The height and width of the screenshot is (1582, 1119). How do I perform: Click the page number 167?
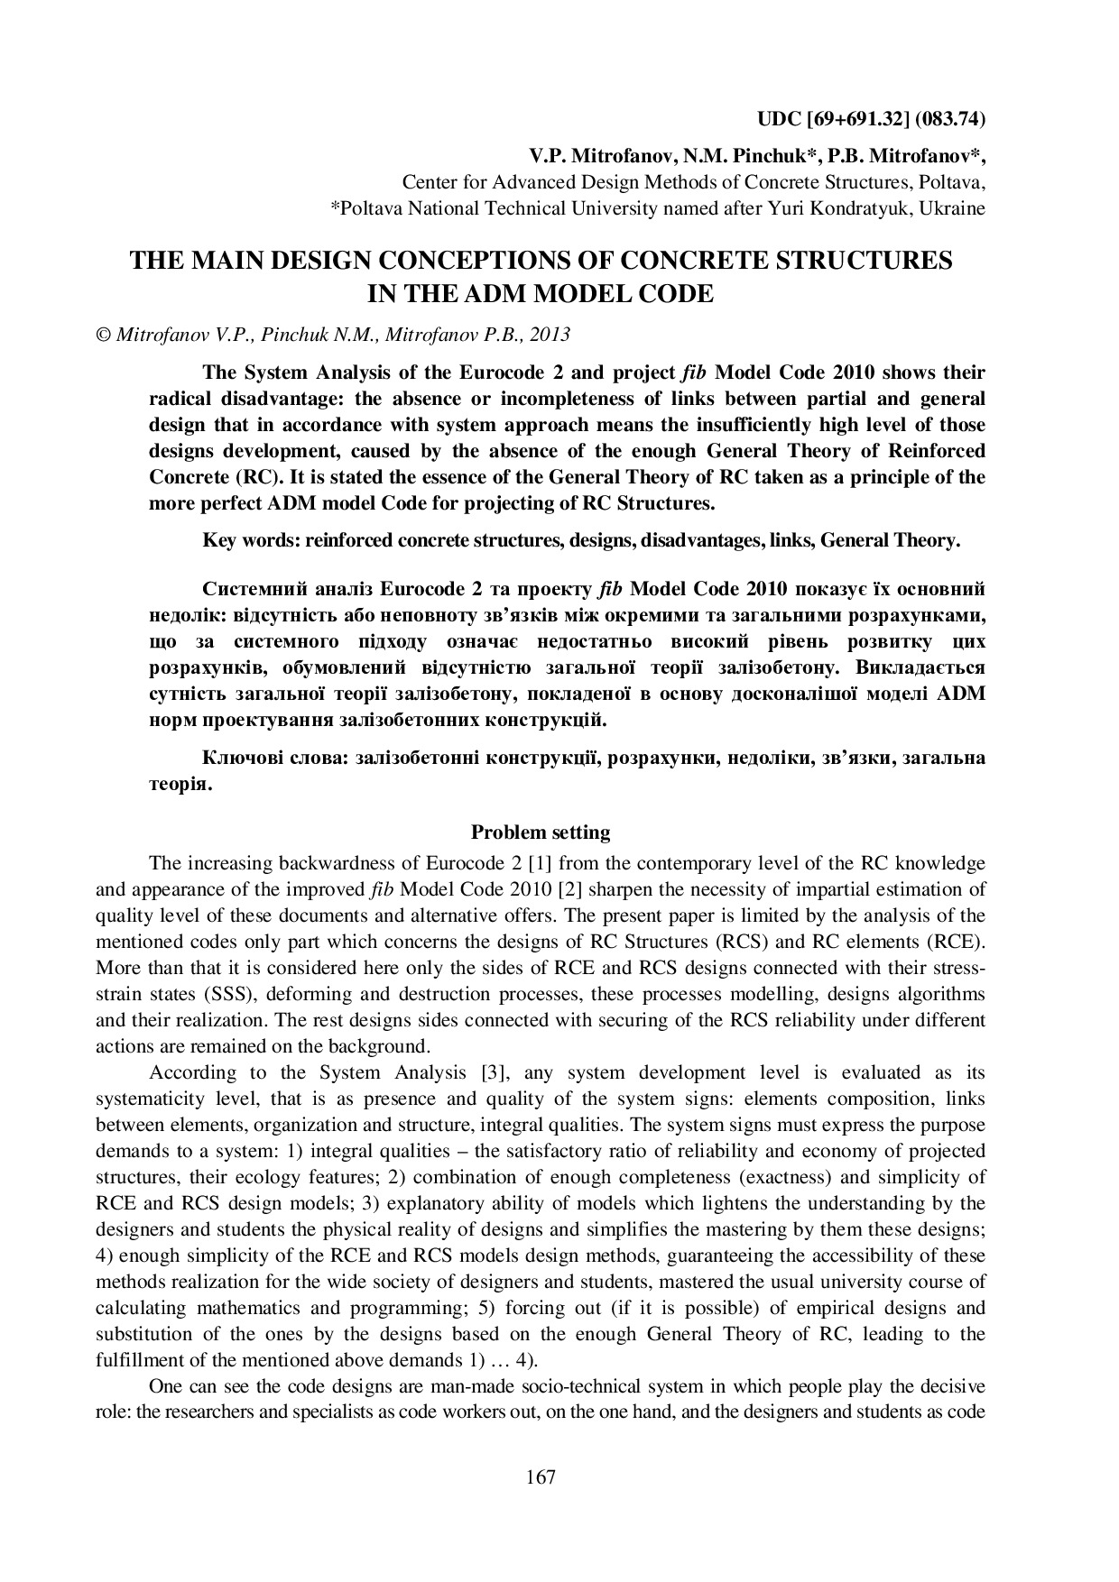541,1476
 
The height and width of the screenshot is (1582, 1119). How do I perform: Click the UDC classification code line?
870,119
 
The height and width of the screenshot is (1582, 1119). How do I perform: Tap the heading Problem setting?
541,832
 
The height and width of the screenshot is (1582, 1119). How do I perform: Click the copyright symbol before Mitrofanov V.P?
102,335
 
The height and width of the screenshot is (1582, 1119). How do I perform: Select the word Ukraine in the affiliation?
954,208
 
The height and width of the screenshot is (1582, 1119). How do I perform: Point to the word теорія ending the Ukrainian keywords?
180,784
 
